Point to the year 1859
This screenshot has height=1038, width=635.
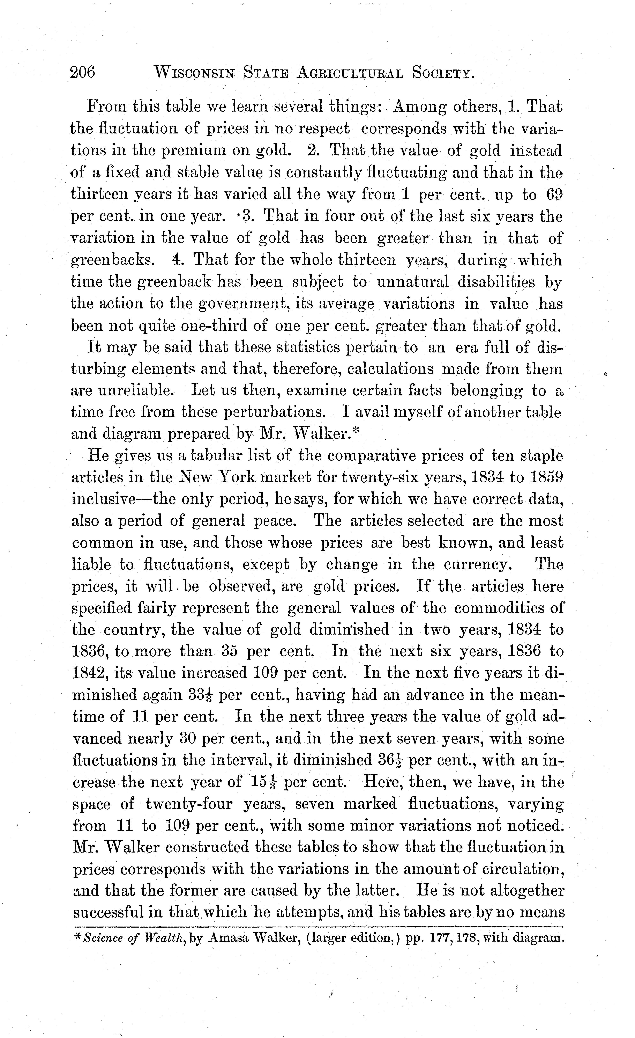coord(547,477)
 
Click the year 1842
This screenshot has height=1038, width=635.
coord(88,673)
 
